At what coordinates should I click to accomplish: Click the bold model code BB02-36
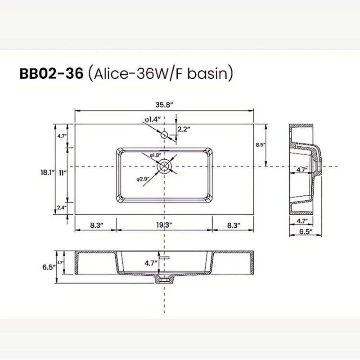coord(51,74)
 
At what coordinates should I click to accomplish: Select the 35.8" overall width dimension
coord(164,105)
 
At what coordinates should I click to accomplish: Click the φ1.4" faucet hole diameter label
coord(152,119)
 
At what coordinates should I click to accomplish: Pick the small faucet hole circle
coord(164,135)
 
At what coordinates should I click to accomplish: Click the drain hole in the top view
coord(164,166)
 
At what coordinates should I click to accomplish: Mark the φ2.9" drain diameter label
coord(143,179)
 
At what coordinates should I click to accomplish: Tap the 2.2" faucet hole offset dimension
coord(184,129)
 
